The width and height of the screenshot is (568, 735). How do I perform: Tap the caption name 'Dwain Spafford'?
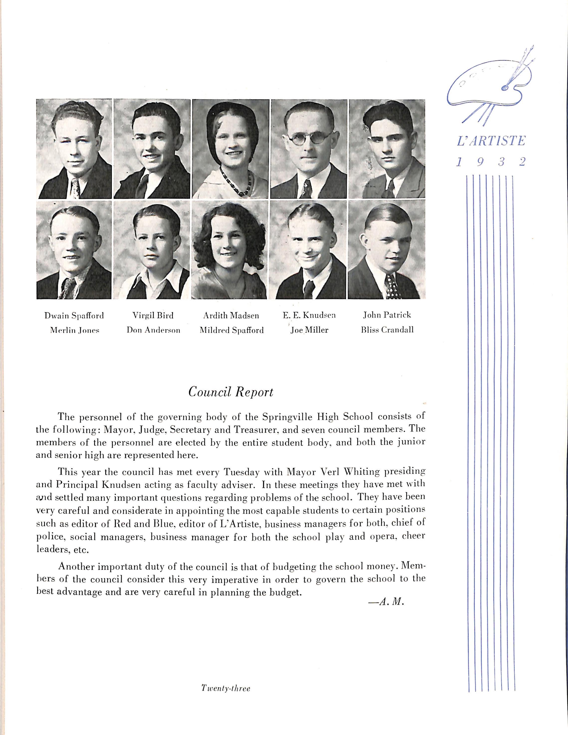(x=74, y=316)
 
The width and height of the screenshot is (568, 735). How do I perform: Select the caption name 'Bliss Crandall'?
(x=387, y=330)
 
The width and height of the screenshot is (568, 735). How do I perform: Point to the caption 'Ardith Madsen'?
(x=231, y=316)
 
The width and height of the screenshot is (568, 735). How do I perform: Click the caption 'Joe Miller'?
(x=309, y=330)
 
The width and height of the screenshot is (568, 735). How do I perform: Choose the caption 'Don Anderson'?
(x=153, y=330)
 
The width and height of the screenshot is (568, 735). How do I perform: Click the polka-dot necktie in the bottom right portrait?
(x=391, y=286)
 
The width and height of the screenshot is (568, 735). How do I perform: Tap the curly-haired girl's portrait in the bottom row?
(x=229, y=250)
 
